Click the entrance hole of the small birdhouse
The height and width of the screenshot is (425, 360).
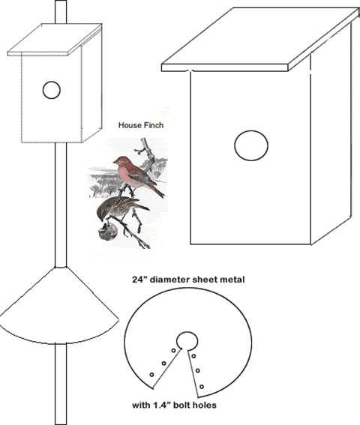click(x=52, y=90)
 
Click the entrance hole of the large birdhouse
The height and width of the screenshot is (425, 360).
click(x=251, y=145)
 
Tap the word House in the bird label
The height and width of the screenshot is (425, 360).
click(x=128, y=125)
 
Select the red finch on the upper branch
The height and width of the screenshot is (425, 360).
click(x=137, y=173)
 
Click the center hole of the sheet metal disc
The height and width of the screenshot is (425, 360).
click(x=187, y=341)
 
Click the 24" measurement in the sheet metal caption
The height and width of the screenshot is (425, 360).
click(x=139, y=279)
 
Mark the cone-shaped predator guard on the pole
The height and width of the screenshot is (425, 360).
click(x=59, y=307)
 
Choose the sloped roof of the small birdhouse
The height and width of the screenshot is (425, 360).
click(x=55, y=40)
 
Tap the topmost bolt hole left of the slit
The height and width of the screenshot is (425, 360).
click(x=173, y=351)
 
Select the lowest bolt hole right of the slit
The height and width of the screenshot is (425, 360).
click(x=202, y=387)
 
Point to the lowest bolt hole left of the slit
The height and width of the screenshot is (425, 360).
click(x=151, y=375)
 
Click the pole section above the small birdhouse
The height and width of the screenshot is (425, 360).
click(x=61, y=12)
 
